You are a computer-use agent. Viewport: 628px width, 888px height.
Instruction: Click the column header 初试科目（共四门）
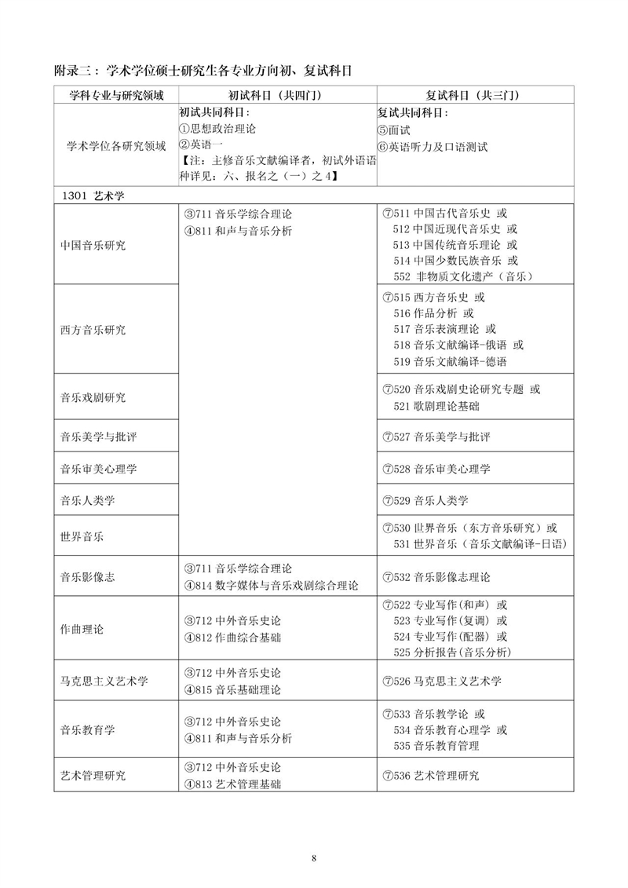click(277, 95)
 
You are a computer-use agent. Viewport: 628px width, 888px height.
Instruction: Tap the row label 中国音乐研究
click(93, 245)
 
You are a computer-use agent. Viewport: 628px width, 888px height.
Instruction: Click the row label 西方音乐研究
click(93, 330)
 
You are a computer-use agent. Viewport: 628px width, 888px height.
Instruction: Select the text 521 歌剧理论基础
click(437, 406)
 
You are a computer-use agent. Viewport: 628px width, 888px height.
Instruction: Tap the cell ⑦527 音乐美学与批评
click(436, 437)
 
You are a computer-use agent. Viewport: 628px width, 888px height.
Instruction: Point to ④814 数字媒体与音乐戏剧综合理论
click(271, 585)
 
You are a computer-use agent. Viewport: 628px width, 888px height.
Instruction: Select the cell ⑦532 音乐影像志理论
click(436, 577)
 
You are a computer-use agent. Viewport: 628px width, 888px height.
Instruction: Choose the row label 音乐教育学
click(88, 729)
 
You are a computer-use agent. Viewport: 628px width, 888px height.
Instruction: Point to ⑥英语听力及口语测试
click(433, 146)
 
